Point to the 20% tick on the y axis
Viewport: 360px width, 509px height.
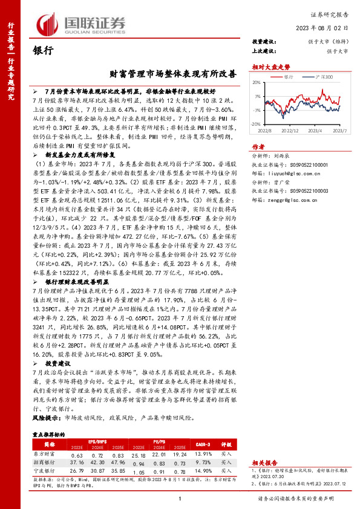tap(258, 83)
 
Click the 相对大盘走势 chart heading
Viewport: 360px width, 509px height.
tap(267, 67)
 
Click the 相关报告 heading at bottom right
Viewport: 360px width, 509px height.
tap(264, 443)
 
